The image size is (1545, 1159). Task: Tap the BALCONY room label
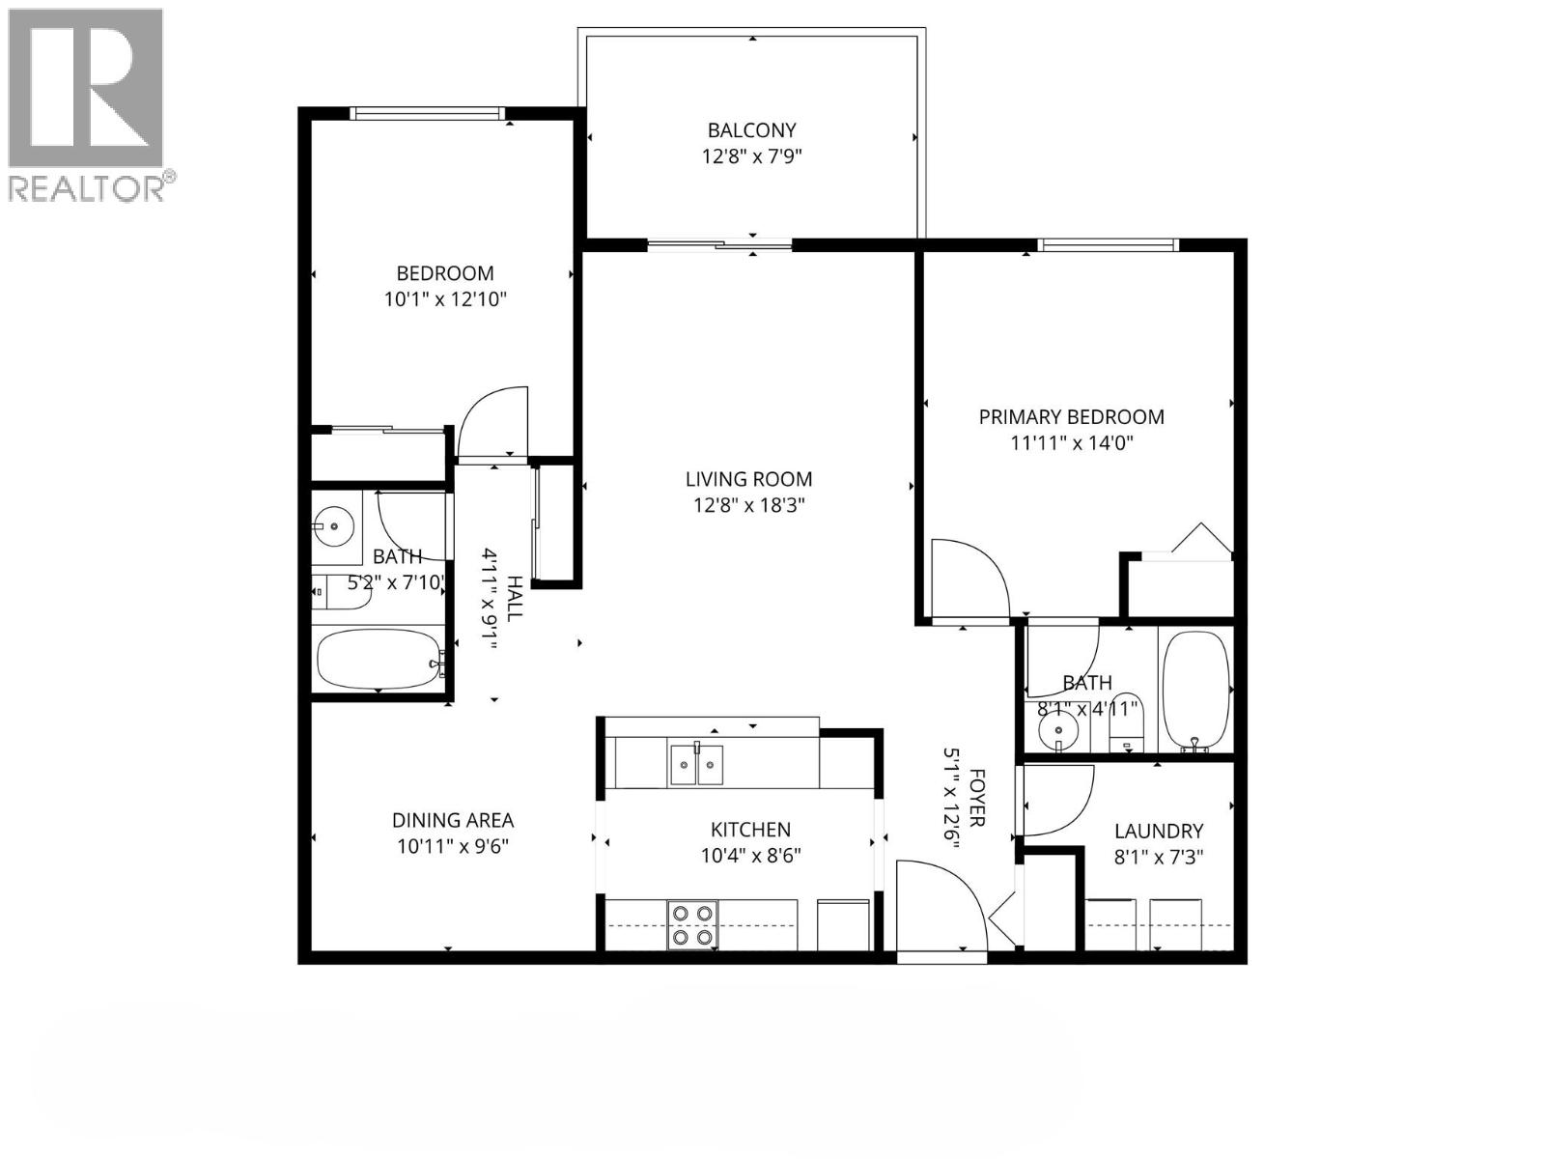[x=751, y=130]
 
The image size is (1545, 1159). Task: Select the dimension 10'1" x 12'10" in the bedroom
[x=445, y=299]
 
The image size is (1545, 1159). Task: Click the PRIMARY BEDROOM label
[x=1071, y=417]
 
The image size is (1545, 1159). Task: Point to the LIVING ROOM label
[x=748, y=479]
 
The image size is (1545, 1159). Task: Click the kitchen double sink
[x=696, y=765]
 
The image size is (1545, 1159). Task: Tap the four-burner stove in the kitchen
[x=692, y=924]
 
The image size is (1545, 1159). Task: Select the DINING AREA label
[x=452, y=821]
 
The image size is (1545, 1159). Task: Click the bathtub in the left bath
[x=378, y=659]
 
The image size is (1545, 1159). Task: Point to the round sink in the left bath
[x=334, y=526]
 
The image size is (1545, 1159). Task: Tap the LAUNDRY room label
[x=1158, y=832]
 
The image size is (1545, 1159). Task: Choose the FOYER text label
[x=976, y=798]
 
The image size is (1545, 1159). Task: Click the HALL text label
[x=516, y=599]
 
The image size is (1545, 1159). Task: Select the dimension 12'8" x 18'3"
[x=748, y=504]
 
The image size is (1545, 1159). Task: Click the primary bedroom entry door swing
[x=966, y=579]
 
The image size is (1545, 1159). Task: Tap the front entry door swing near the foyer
[x=937, y=903]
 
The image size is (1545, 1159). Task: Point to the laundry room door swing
[x=1054, y=800]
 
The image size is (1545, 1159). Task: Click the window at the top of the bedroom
[x=429, y=114]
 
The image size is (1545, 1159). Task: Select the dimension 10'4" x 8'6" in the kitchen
[x=750, y=855]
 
